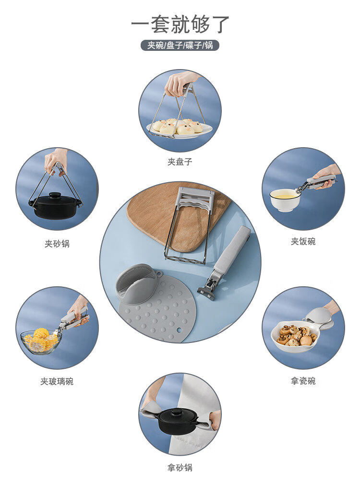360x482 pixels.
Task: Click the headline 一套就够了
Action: coord(180,24)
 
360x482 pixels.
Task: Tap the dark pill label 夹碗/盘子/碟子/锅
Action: coord(180,45)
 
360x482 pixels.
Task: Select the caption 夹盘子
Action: coord(180,161)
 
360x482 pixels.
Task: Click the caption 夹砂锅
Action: coord(57,244)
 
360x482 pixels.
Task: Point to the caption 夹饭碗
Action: coord(303,241)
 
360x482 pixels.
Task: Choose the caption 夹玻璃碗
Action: coord(57,381)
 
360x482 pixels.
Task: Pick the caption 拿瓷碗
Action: coord(303,381)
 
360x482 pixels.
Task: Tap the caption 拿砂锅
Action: coord(180,468)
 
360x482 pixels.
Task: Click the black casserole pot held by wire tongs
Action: coord(55,205)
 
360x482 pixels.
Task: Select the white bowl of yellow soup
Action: coord(285,200)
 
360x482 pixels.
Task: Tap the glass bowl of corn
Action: coord(41,341)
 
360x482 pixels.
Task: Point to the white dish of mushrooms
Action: coord(295,336)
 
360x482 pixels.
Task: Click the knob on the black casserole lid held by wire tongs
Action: coord(55,195)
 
